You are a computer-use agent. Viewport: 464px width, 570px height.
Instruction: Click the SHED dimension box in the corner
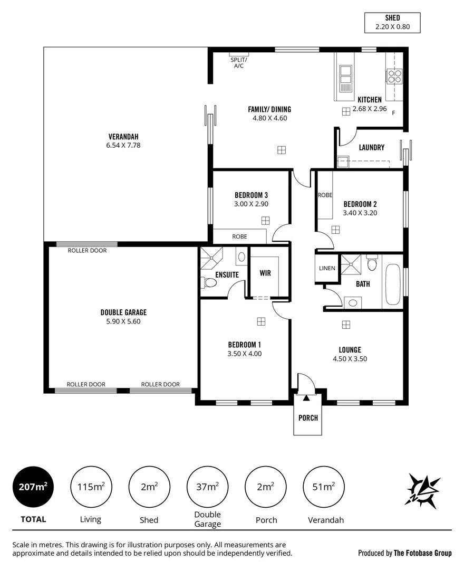pos(392,23)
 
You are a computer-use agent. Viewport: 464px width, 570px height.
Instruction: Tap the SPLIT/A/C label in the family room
pos(238,63)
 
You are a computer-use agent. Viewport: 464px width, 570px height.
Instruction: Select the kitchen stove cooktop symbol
pos(394,77)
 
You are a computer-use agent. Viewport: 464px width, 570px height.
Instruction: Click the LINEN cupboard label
pos(327,268)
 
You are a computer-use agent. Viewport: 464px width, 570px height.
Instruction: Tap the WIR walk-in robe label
pos(265,273)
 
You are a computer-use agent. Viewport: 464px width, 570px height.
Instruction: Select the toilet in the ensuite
pos(209,283)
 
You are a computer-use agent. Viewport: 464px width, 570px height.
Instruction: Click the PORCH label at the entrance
pos(308,418)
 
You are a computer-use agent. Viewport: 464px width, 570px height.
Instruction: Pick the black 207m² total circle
pos(33,487)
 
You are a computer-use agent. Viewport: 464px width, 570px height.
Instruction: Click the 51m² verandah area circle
pos(325,487)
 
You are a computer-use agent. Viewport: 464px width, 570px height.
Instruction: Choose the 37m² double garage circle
pos(208,487)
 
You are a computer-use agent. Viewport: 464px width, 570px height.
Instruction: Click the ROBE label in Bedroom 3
pos(239,236)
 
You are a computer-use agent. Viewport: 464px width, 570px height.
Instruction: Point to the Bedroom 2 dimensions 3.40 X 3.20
pos(360,213)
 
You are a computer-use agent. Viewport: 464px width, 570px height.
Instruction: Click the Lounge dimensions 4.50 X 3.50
pos(350,359)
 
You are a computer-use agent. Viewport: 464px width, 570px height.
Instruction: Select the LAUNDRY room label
pos(371,148)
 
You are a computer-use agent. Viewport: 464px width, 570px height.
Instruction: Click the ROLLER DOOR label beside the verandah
pos(87,250)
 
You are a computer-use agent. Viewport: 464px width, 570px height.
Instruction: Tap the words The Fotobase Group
pos(422,553)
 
